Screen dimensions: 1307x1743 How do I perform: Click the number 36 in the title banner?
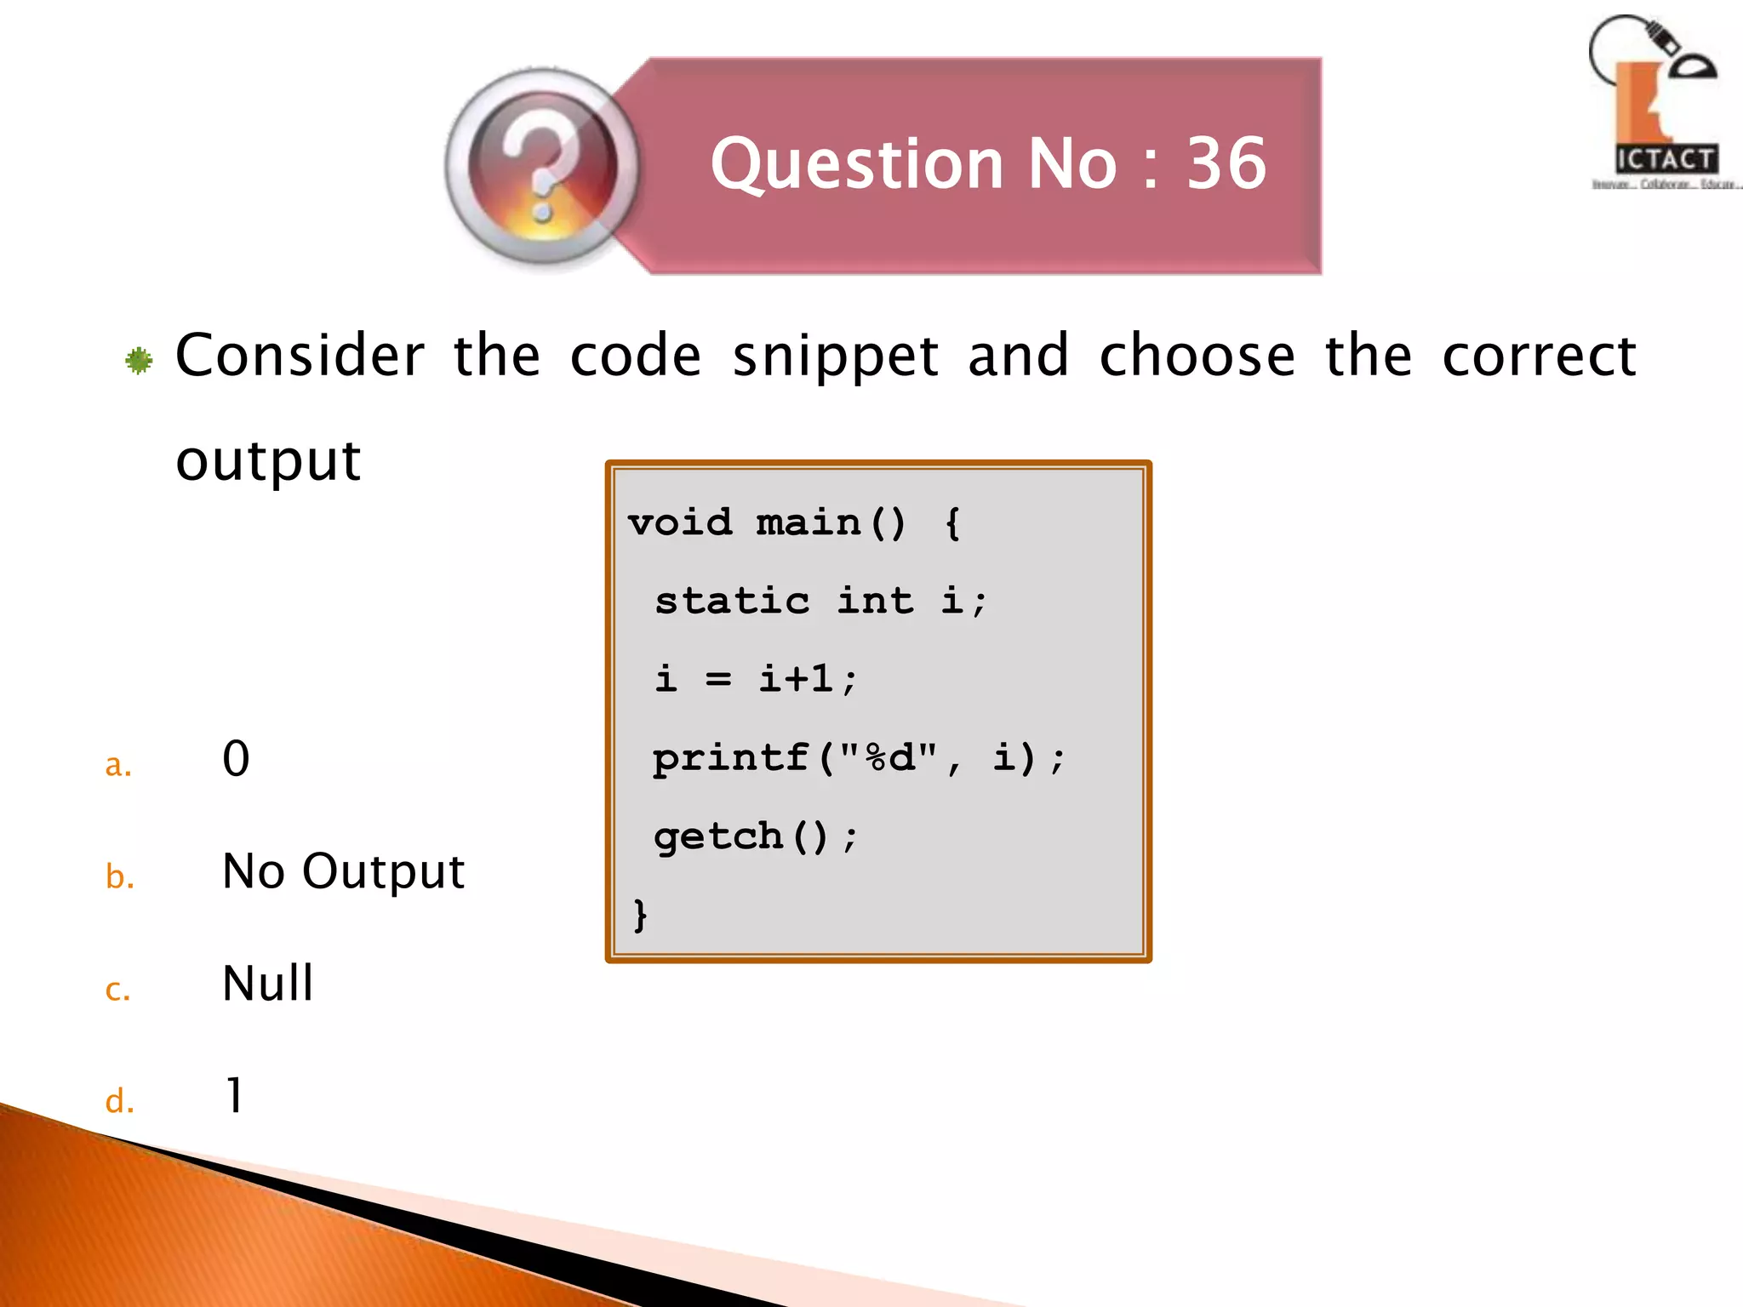pos(1226,163)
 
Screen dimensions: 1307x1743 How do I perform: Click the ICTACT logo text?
pos(1666,159)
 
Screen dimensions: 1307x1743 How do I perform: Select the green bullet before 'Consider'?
pos(139,361)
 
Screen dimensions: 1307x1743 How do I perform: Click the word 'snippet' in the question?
pos(836,357)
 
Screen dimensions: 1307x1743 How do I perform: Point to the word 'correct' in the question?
pos(1539,356)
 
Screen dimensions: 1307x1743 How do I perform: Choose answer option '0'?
pos(236,758)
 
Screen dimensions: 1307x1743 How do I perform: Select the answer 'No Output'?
pos(343,872)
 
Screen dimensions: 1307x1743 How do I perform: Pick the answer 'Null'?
pos(267,984)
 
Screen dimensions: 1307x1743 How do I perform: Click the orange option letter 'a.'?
pos(118,765)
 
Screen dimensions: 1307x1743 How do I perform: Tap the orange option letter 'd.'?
pos(119,1101)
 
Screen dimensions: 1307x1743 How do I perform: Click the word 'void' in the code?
pos(680,522)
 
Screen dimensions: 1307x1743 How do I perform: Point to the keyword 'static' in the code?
pos(732,601)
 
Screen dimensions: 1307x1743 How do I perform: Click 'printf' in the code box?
pos(730,757)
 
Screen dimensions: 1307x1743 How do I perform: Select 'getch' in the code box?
pos(718,836)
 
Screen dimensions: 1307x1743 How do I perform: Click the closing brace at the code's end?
pos(640,915)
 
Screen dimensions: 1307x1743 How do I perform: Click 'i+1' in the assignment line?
pos(797,679)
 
